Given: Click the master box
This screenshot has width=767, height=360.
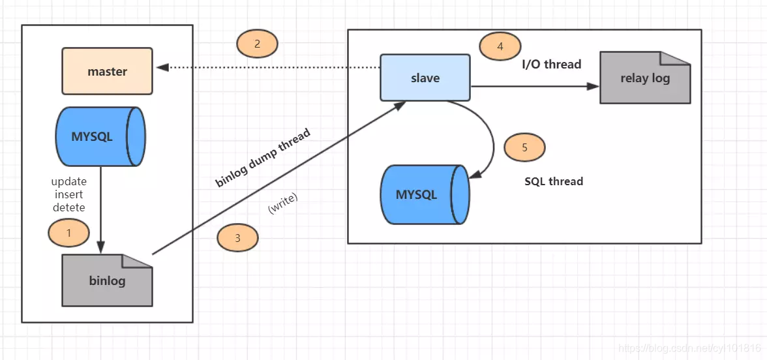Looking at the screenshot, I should point(107,71).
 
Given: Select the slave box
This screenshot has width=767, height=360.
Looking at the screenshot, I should point(425,78).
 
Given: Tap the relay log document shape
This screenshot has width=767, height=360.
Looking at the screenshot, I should point(644,78).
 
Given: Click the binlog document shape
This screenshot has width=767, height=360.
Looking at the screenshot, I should point(107,280).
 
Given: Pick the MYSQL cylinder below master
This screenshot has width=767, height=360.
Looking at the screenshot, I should point(100,137).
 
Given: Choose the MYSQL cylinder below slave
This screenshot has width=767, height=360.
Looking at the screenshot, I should point(425,194).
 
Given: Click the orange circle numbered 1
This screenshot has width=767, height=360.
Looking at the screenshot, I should point(68,232).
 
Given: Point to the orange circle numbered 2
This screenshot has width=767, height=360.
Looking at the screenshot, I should point(257,44).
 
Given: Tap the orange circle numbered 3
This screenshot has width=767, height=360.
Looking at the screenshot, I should point(237,238).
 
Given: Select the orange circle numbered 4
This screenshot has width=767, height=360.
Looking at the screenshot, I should point(500,46).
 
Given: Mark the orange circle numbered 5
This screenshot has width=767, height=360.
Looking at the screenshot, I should point(524,147).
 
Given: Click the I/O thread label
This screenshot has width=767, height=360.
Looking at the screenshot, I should point(551,65).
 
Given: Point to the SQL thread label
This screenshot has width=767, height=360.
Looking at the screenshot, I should point(554,181).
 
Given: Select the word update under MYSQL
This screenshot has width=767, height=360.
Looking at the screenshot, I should point(68,181).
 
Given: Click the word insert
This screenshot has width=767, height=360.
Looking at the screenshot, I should point(68,194).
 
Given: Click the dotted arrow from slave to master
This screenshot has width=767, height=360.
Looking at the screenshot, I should point(267,67).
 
